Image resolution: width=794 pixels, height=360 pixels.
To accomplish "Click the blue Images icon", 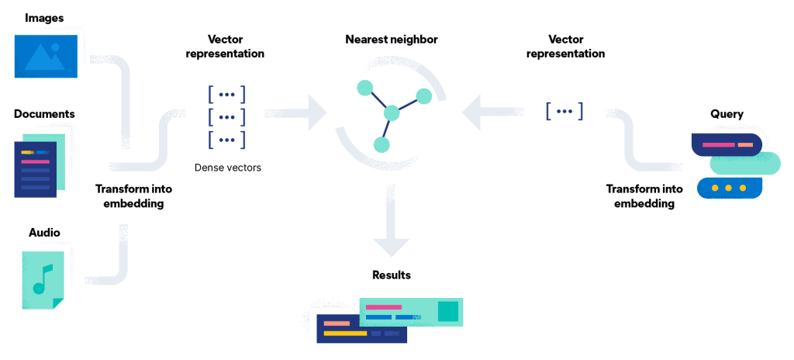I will [46, 55].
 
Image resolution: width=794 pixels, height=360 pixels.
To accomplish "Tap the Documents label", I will [44, 114].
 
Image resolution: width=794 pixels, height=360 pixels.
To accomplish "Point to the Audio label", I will [44, 232].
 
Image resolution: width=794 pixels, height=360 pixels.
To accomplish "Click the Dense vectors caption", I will [227, 167].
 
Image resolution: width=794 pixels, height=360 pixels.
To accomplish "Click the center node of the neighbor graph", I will [392, 113].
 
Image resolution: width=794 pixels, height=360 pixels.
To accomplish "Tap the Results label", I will [391, 275].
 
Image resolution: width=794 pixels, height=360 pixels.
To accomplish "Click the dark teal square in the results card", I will [447, 312].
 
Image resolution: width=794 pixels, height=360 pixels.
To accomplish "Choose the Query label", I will [727, 114].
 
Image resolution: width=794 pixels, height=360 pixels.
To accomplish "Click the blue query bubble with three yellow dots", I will [729, 189].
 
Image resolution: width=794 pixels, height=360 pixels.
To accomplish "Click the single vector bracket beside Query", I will [564, 112].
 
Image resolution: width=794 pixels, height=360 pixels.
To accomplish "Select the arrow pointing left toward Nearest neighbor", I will [485, 113].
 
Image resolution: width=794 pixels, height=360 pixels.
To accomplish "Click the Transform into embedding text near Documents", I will [133, 196].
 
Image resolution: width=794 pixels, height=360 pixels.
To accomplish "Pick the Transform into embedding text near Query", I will [644, 196].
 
